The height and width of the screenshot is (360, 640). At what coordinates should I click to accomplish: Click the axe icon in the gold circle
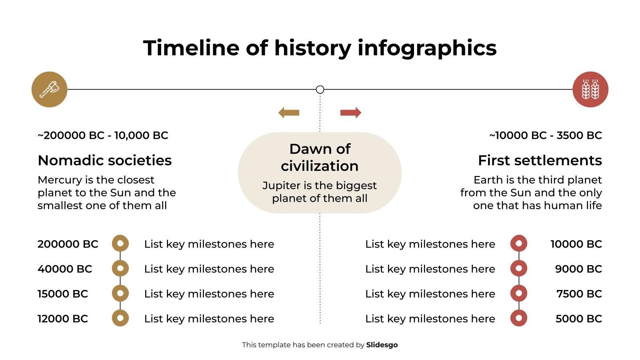[49, 89]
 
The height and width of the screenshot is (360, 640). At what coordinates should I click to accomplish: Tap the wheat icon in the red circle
[590, 89]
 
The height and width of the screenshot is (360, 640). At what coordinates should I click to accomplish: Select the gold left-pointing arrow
[289, 113]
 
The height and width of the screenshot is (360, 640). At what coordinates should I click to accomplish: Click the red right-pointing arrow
[351, 113]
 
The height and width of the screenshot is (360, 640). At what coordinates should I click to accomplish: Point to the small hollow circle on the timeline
[320, 90]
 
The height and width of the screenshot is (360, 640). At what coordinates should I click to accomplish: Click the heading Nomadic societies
[104, 160]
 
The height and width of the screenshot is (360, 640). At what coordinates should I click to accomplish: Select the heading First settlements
[540, 160]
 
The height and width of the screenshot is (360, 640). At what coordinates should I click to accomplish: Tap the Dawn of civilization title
[320, 157]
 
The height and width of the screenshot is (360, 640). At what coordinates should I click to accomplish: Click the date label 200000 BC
[68, 244]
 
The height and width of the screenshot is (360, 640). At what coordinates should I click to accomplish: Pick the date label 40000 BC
[65, 269]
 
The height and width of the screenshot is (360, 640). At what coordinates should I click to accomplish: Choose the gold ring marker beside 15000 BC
[120, 293]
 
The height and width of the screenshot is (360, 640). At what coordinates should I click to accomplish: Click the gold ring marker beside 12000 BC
[120, 318]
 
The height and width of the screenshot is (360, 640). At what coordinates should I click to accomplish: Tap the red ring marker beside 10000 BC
[519, 243]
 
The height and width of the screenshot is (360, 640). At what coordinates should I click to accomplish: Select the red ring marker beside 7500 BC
[519, 293]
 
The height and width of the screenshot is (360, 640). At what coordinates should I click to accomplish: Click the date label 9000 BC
[578, 269]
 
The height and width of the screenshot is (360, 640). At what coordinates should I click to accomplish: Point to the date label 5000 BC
[578, 319]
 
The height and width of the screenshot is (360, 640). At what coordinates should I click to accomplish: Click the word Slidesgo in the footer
[382, 345]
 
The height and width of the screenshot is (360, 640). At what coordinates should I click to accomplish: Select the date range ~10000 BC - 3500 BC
[546, 136]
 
